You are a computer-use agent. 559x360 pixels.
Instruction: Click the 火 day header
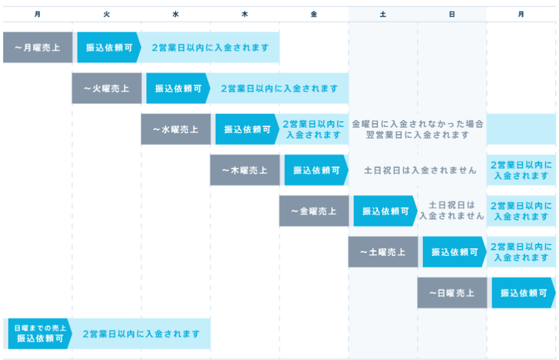107,14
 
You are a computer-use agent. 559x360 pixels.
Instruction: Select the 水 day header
176,14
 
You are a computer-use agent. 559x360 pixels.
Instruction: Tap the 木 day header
245,14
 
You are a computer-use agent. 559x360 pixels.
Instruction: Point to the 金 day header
314,14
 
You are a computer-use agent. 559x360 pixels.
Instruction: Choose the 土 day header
383,14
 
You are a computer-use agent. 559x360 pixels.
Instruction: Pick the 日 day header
452,14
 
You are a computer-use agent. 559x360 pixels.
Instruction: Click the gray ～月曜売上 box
37,47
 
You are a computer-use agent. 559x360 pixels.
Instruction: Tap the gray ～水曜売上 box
175,129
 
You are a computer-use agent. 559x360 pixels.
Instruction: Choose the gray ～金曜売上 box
313,211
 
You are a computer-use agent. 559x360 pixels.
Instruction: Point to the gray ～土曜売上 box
383,252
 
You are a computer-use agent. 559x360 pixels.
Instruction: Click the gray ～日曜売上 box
452,293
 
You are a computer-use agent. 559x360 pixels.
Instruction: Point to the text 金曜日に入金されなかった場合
417,124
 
